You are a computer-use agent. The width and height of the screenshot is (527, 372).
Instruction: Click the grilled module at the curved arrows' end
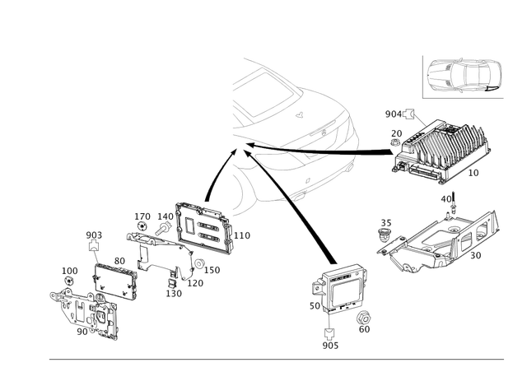[201, 226]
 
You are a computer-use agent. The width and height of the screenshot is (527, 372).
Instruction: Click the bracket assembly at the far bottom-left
[86, 313]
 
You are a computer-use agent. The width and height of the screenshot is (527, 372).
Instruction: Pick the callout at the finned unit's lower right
[473, 174]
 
